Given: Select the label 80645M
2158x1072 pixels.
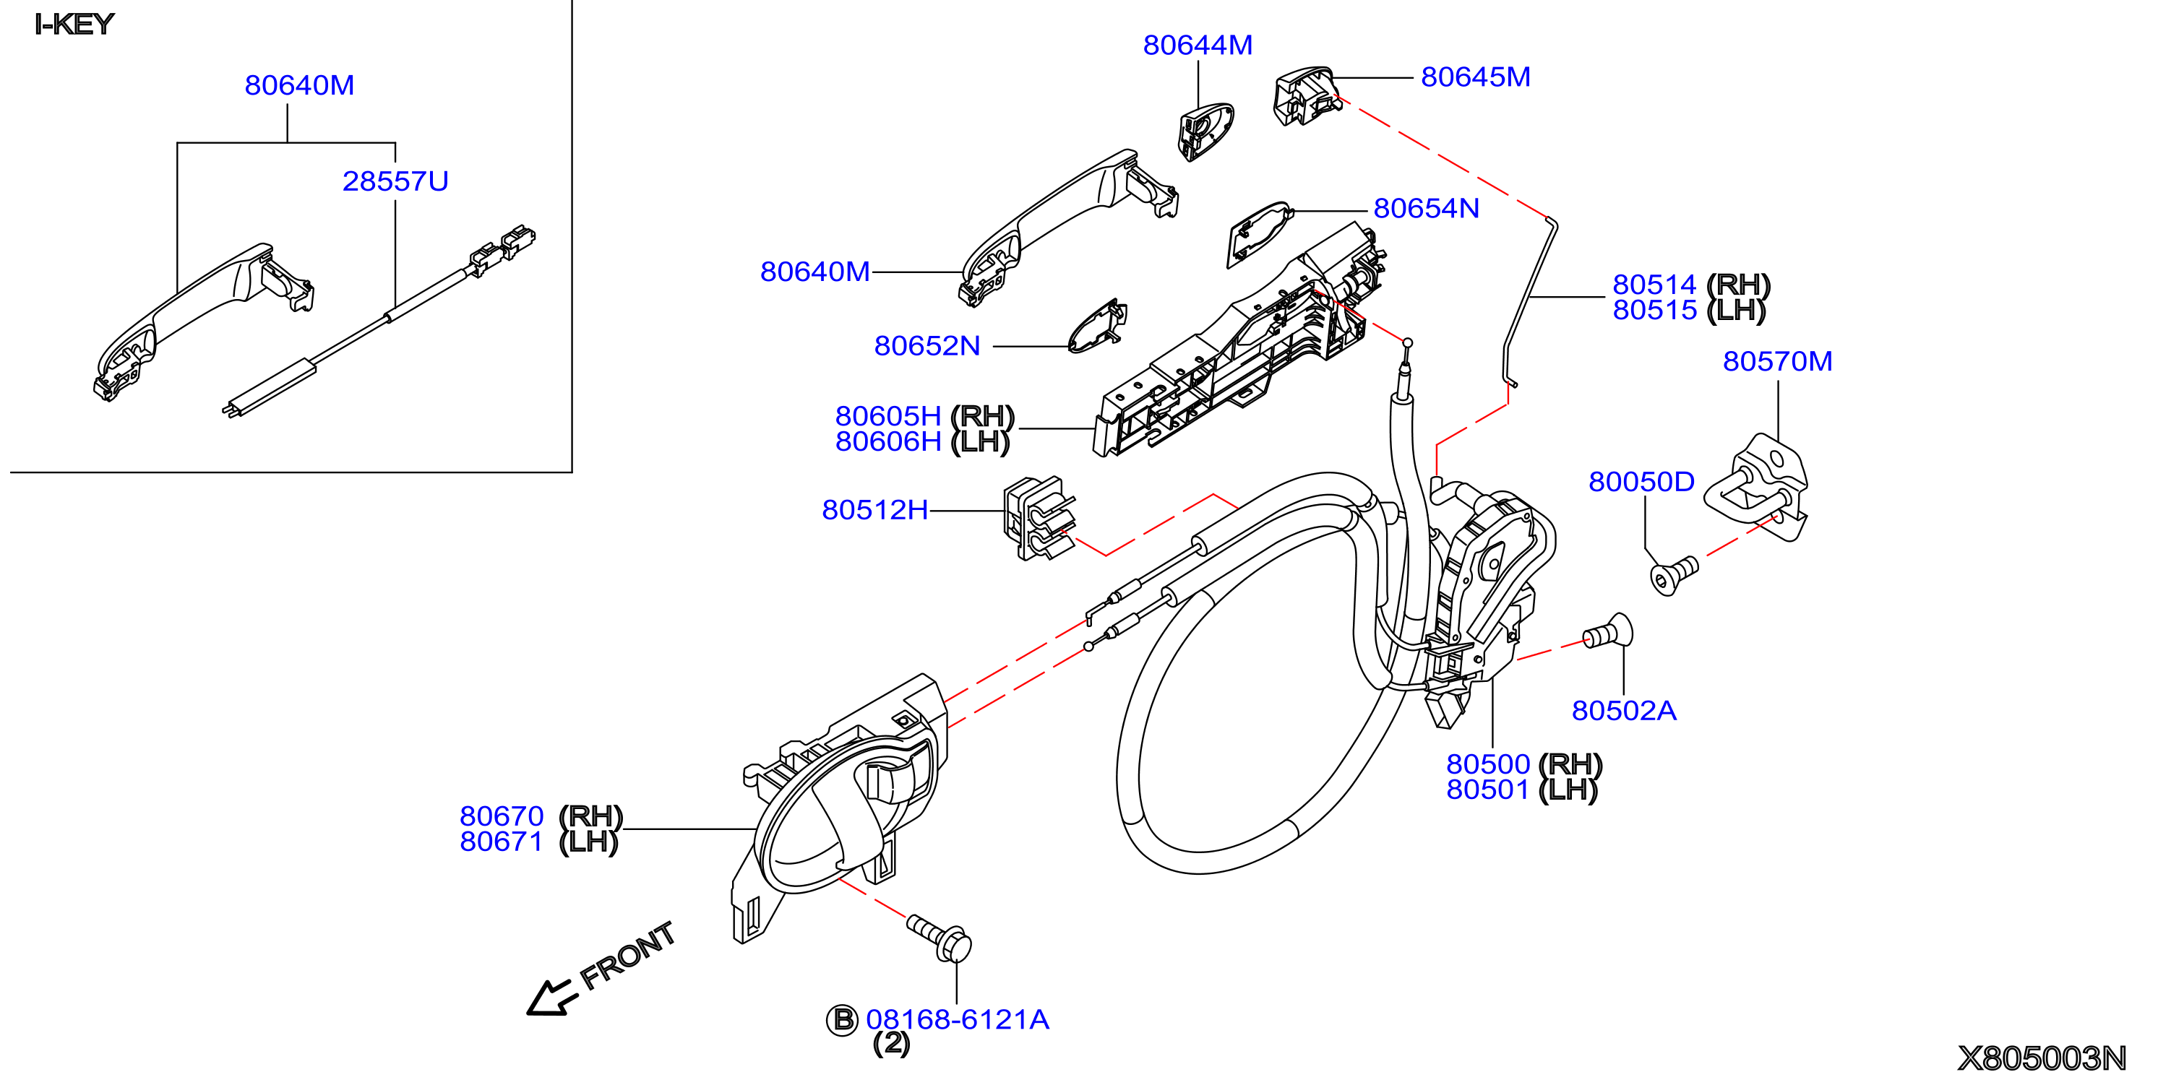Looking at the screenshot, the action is [1475, 77].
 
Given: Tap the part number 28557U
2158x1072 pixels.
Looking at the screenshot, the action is [395, 181].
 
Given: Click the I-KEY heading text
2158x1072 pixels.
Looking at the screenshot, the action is [74, 25].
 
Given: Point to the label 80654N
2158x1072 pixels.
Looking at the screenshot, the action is [1426, 209].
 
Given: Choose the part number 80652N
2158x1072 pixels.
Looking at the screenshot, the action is [927, 346].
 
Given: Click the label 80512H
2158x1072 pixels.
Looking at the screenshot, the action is [874, 510].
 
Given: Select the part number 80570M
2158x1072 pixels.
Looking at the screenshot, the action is [1777, 361].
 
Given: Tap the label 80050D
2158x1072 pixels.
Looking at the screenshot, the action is [1641, 482].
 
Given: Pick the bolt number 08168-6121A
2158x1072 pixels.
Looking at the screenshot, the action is [957, 1019].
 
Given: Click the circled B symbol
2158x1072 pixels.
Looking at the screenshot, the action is [842, 1019].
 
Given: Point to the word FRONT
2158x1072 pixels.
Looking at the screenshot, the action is [627, 956].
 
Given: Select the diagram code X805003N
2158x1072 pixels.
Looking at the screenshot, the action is [2042, 1058].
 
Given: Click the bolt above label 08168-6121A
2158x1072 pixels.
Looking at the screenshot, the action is [940, 938].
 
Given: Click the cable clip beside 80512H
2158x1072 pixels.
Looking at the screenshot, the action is [1039, 519].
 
